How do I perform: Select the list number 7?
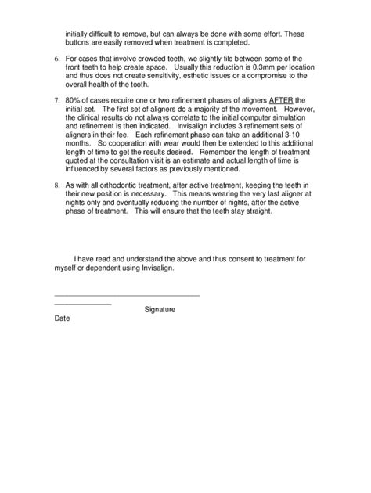point(56,102)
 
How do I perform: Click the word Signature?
point(160,309)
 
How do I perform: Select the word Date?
point(63,319)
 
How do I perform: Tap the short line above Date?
point(82,303)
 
